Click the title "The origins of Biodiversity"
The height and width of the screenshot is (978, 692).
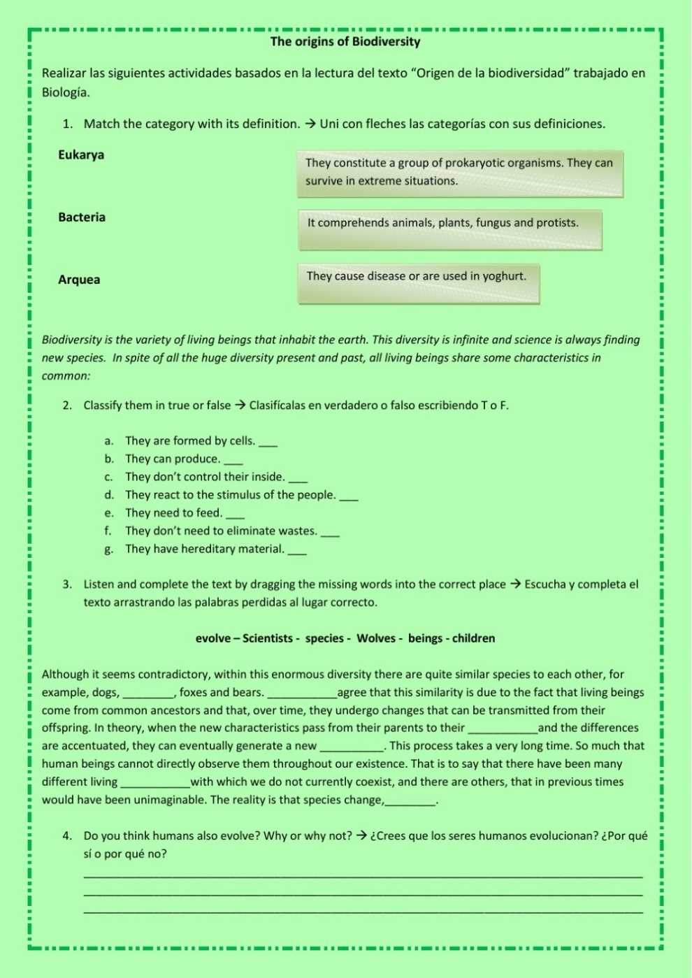[345, 42]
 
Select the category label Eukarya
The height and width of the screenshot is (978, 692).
[81, 155]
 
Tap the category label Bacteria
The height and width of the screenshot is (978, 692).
[82, 217]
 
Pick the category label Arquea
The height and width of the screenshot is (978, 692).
[79, 280]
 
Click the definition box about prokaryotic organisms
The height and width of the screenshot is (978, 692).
[459, 173]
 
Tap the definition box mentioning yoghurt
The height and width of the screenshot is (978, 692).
[418, 282]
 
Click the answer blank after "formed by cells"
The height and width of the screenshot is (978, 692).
[268, 443]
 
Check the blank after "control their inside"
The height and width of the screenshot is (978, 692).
[297, 479]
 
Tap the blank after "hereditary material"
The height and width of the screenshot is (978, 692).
[297, 551]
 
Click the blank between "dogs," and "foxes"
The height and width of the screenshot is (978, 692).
[148, 694]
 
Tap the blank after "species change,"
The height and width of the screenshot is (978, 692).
[410, 802]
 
